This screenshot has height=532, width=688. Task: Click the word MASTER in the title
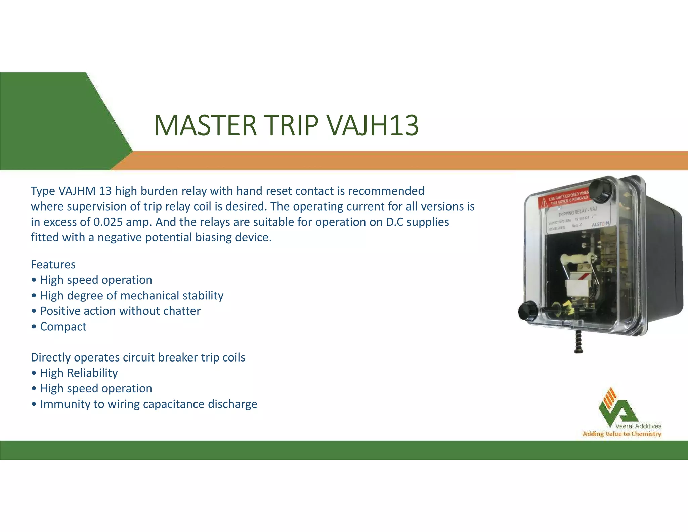point(205,125)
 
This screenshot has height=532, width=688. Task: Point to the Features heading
point(53,265)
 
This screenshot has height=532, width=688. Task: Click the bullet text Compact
point(63,327)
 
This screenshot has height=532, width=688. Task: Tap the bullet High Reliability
point(79,373)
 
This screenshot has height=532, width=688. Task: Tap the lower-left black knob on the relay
point(527,310)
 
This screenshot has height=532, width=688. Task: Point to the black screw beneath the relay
point(578,341)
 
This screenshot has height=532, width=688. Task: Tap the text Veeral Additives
point(638,426)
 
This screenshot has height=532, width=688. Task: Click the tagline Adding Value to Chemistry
point(622,434)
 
